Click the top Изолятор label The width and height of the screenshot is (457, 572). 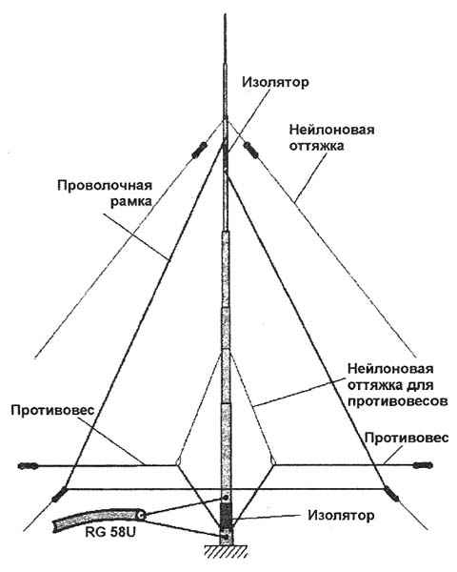pos(275,82)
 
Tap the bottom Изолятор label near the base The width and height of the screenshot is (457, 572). pos(341,516)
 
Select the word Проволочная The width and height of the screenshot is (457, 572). pos(105,185)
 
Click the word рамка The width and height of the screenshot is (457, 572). pos(131,202)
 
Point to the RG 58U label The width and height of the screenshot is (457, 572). pos(110,532)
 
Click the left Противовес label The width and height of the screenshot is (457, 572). pos(52,410)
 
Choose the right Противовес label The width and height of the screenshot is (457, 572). pos(407,438)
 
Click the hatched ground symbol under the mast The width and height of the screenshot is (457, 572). pos(226,551)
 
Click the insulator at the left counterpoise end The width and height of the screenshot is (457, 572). pos(29,466)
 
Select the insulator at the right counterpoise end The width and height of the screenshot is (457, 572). pos(423,465)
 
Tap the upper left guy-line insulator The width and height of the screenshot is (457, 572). pos(200,151)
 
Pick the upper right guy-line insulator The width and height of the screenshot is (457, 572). pos(250,150)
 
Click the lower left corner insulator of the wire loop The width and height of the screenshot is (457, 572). pos(59,494)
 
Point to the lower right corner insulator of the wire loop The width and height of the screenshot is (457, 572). pos(390,493)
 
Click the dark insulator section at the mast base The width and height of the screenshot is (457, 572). pos(226,515)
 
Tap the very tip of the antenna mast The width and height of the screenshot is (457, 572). pos(226,14)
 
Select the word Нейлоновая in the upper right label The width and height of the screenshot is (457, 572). pos(331,130)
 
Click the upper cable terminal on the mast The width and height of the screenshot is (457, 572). pos(226,498)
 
